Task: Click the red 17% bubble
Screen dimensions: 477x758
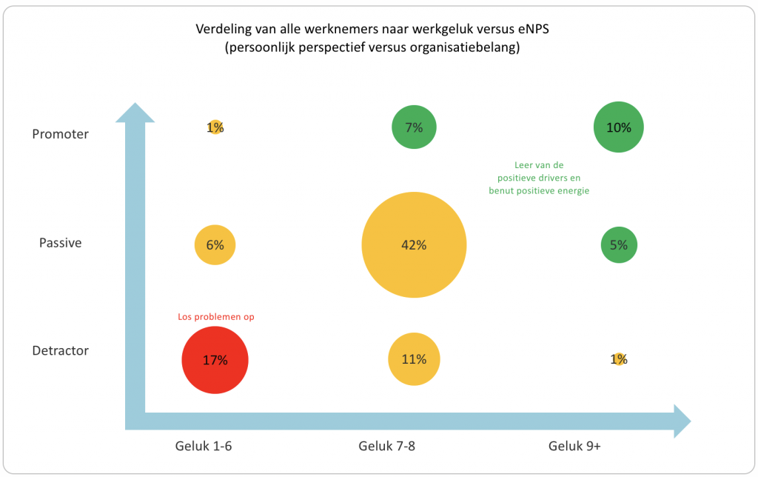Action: point(215,361)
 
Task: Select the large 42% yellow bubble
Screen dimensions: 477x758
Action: point(414,245)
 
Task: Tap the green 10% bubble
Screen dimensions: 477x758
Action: point(619,127)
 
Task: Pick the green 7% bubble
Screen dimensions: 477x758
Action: point(414,127)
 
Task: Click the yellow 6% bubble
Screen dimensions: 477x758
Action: point(215,245)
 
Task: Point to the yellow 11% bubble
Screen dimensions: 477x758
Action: point(414,360)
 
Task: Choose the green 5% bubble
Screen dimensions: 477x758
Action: point(619,245)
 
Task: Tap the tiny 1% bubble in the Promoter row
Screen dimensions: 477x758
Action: point(215,127)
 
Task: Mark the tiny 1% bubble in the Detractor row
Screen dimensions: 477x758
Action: point(619,359)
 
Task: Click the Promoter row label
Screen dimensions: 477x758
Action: point(61,134)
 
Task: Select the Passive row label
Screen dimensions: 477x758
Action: point(61,243)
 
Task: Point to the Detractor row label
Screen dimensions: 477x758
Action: point(61,350)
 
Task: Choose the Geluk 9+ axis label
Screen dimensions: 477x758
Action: point(575,446)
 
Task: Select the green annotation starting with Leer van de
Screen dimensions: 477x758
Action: point(538,178)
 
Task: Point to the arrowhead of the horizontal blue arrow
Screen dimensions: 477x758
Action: point(680,421)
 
